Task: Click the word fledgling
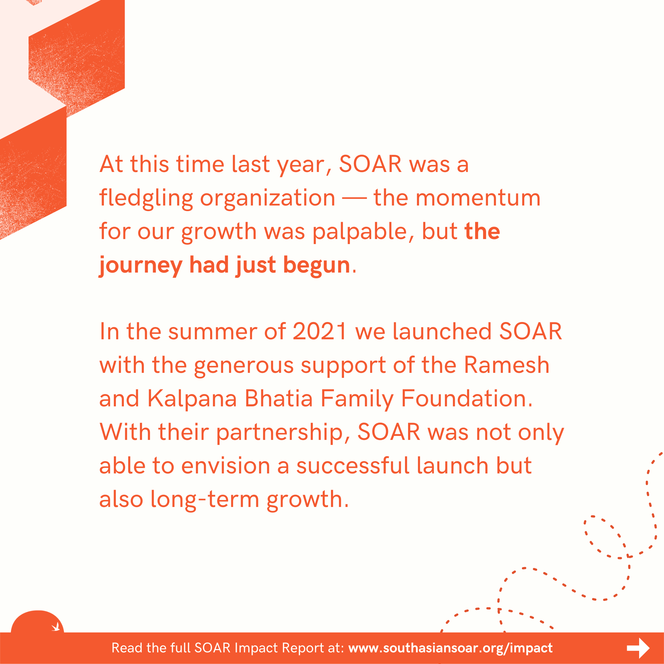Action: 146,199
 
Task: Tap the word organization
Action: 267,199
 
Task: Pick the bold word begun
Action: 316,265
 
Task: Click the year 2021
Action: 319,332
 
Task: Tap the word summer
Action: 212,332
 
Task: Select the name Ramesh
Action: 507,365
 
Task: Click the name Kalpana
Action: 192,399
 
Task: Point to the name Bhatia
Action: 279,399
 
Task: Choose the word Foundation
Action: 467,399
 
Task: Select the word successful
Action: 353,466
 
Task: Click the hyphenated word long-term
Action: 205,499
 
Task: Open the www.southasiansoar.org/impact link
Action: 450,648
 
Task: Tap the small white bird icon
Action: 56,627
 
